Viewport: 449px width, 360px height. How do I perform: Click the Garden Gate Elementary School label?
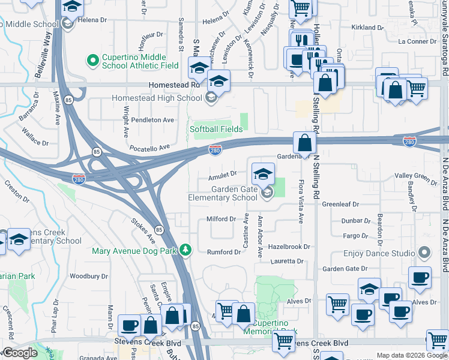point(223,193)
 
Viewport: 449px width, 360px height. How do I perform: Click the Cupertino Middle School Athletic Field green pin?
point(92,61)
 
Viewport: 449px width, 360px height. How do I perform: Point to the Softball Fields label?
point(217,129)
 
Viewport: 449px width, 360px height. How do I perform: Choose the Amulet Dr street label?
point(222,175)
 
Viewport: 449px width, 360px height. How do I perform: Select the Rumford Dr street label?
point(223,252)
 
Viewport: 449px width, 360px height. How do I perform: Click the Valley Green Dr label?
point(416,176)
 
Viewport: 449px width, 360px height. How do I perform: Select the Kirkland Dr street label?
point(367,28)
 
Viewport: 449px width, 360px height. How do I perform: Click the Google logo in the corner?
point(20,353)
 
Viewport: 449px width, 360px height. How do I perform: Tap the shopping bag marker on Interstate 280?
point(305,143)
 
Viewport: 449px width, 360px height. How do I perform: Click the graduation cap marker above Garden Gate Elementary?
point(262,174)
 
